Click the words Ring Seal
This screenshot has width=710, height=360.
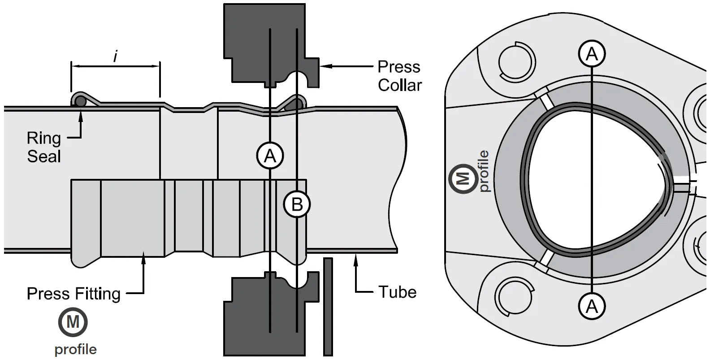coord(43,147)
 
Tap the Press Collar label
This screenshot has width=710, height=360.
coord(399,76)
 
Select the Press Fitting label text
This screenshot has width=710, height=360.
coord(74,294)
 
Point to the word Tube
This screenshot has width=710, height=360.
coord(398,292)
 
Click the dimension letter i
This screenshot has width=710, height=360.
coord(116,56)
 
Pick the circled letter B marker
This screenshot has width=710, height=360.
coord(297,204)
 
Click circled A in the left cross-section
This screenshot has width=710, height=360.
coord(269,156)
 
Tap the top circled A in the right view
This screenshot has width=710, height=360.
coord(592,54)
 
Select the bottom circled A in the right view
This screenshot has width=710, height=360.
coord(592,307)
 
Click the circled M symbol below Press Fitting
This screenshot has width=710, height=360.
coord(73,322)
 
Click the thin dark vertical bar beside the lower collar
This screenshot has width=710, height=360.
coord(328,307)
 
